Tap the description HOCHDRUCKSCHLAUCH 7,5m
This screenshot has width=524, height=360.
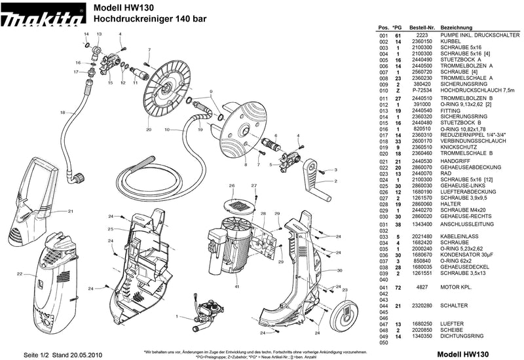474,90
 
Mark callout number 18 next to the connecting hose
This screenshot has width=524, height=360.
63,113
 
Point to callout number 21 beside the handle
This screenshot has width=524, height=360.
70,211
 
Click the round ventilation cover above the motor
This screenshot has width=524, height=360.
240,205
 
